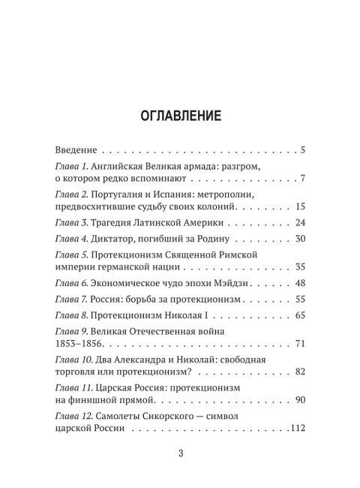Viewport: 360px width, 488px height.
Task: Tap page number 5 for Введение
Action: click(x=301, y=149)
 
